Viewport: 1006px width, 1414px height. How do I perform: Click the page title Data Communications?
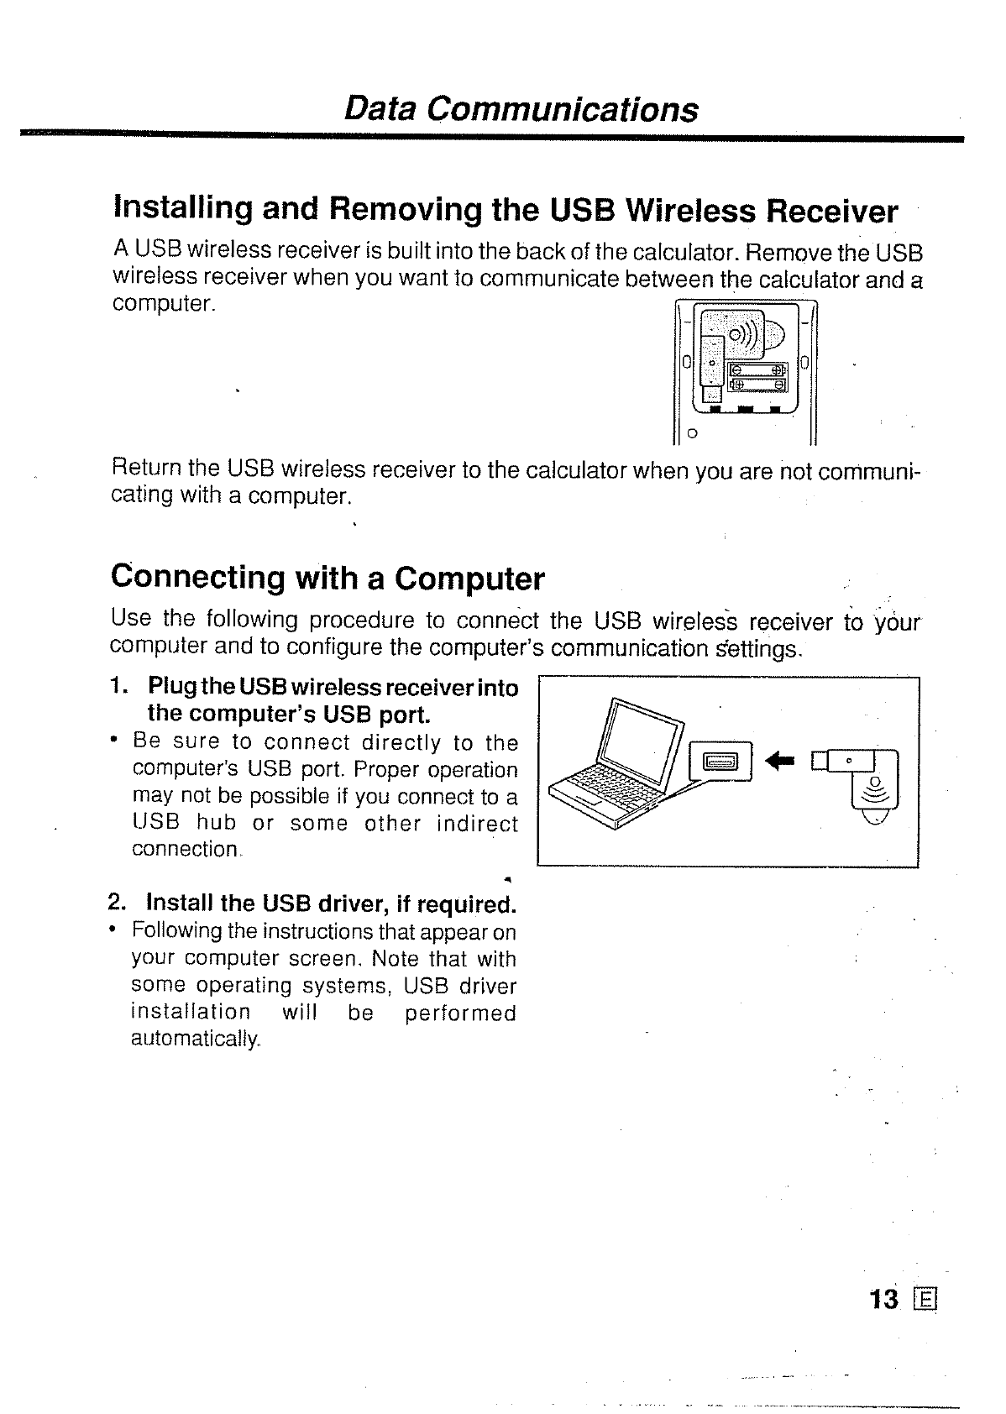click(x=521, y=109)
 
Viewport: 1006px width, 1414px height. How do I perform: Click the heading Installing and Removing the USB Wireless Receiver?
click(x=505, y=210)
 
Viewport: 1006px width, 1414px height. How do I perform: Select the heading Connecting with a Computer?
click(x=327, y=579)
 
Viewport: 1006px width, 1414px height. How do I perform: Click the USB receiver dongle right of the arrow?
click(x=861, y=781)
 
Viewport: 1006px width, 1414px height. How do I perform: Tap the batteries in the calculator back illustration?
click(x=756, y=377)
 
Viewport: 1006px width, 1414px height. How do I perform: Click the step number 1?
click(x=118, y=687)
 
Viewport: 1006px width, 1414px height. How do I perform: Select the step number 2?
click(x=118, y=903)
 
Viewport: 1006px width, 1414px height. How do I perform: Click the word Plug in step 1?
click(x=172, y=688)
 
